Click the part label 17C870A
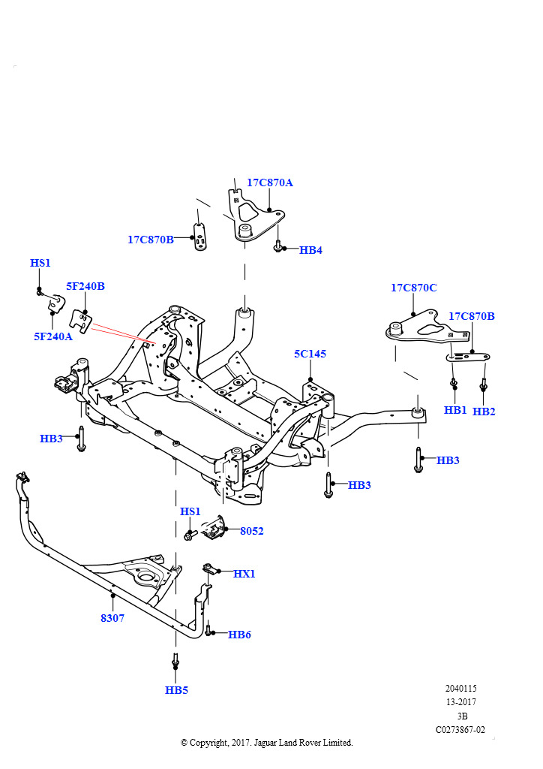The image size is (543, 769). (270, 182)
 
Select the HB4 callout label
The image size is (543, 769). (310, 250)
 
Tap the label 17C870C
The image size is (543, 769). (414, 288)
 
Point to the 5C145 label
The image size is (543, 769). (310, 354)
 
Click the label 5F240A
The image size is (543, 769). (53, 336)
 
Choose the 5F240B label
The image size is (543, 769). (85, 286)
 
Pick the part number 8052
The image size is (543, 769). (252, 531)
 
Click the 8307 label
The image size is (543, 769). (112, 618)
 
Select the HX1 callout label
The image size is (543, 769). (244, 573)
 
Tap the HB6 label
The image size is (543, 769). (239, 635)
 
